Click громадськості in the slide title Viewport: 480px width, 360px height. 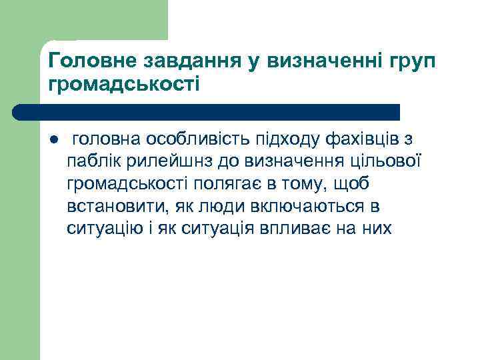[x=124, y=85]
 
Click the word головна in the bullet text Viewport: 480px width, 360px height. [x=107, y=139]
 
